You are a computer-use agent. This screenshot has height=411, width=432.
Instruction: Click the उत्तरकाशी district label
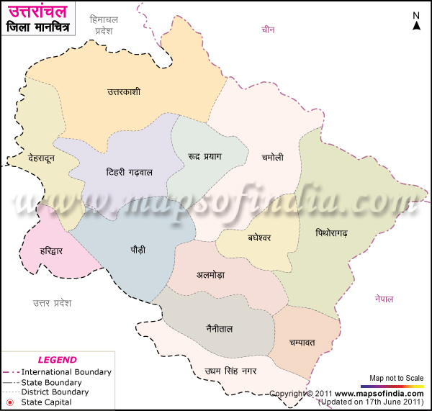tap(123, 92)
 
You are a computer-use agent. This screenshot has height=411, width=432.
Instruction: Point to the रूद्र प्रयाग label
tap(204, 156)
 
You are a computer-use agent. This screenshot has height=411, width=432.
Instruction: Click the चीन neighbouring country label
tap(269, 30)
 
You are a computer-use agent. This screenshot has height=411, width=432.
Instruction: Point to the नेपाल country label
tap(384, 299)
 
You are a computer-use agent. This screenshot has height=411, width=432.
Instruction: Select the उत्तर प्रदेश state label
tap(52, 302)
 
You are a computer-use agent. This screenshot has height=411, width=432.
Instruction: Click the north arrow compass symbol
tap(416, 22)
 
